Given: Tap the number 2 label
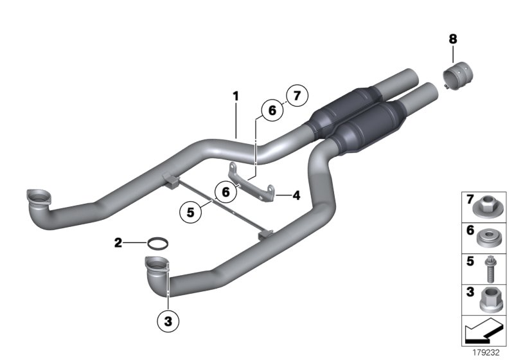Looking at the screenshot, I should (118, 242).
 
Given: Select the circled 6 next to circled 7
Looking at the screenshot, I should (272, 111).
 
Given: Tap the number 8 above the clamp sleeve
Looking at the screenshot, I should (452, 39).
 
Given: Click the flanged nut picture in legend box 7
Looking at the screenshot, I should (487, 207).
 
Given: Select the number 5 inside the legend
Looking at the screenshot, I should (469, 262).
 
